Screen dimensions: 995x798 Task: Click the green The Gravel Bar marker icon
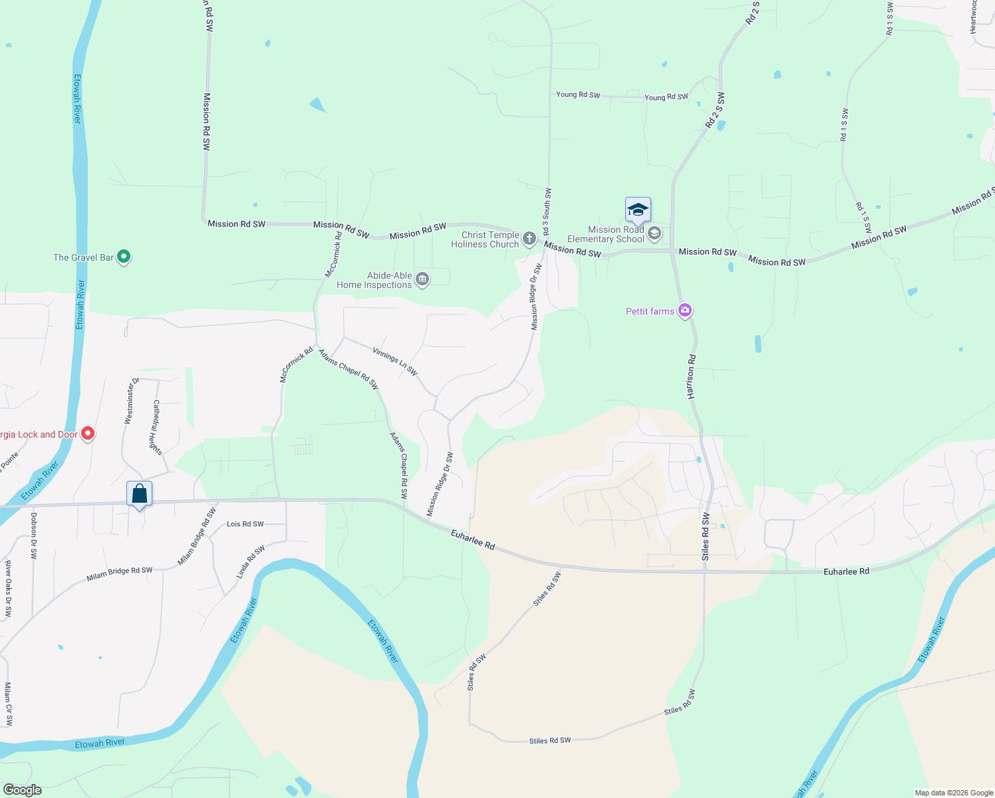(124, 257)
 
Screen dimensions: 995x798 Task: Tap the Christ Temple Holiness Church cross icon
(529, 239)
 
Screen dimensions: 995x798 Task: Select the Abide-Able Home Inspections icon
(422, 279)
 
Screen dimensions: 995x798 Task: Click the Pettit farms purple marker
(685, 311)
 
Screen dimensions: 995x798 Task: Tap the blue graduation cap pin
(638, 210)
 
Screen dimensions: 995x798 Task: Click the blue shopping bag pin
(139, 494)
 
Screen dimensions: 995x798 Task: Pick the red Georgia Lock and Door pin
(87, 434)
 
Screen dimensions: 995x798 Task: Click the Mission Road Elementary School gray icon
(654, 233)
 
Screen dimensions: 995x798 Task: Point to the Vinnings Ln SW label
(395, 362)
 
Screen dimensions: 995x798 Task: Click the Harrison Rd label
(692, 377)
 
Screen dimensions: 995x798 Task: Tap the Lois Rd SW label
(245, 524)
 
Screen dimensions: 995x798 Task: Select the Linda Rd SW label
(251, 562)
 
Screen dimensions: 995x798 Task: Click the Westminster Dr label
(132, 401)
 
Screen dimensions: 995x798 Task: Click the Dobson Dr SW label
(34, 535)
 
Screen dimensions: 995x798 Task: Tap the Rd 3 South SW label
(547, 211)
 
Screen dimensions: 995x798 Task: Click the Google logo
(22, 790)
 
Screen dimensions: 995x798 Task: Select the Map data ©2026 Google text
(953, 793)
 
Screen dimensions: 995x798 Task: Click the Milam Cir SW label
(9, 704)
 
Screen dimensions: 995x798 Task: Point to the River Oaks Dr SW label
(9, 589)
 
